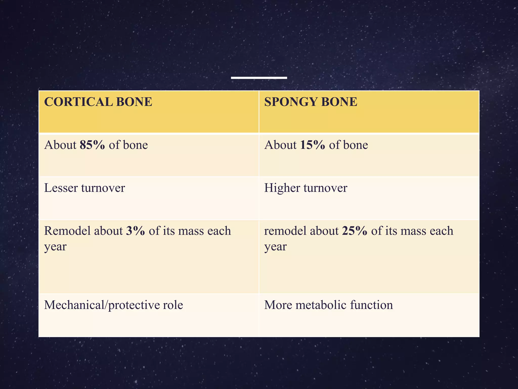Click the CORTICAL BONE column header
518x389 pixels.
(x=98, y=102)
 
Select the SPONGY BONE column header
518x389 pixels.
(x=311, y=102)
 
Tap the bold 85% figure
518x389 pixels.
(x=92, y=145)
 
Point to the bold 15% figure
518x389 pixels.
(x=312, y=145)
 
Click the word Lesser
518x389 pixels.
(x=61, y=188)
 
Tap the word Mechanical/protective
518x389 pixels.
(x=101, y=305)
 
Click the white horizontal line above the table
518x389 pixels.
(x=259, y=78)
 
